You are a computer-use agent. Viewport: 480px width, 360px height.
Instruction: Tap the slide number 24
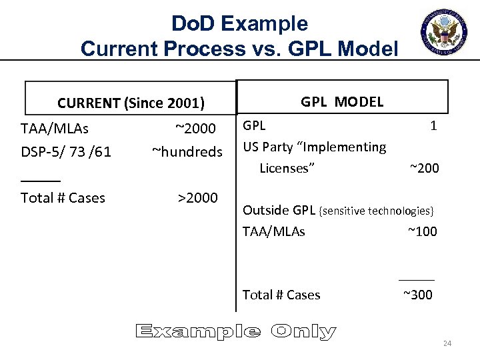pos(447,343)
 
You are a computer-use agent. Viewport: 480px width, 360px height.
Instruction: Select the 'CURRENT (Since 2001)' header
pos(131,103)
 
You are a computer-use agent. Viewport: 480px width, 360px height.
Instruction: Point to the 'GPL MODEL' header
pos(342,101)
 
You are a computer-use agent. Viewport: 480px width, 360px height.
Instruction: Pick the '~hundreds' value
pos(187,151)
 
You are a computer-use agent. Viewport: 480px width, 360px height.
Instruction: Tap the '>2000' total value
pos(197,197)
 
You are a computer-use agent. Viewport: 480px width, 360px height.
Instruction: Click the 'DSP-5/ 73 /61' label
pos(66,151)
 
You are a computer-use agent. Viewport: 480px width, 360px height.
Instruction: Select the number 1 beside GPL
pos(433,125)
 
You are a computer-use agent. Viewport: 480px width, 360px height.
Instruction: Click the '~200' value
pos(424,168)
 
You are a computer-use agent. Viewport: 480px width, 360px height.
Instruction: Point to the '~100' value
pos(422,231)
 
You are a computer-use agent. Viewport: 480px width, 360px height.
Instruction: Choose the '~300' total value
pos(418,295)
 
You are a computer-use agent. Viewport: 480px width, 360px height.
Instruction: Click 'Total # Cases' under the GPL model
pos(281,295)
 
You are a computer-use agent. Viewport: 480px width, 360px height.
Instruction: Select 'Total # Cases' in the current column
pos(63,197)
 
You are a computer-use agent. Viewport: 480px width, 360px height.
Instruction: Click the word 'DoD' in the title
pos(194,24)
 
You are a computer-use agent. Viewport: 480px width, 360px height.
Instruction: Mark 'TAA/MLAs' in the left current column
pos(55,128)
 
